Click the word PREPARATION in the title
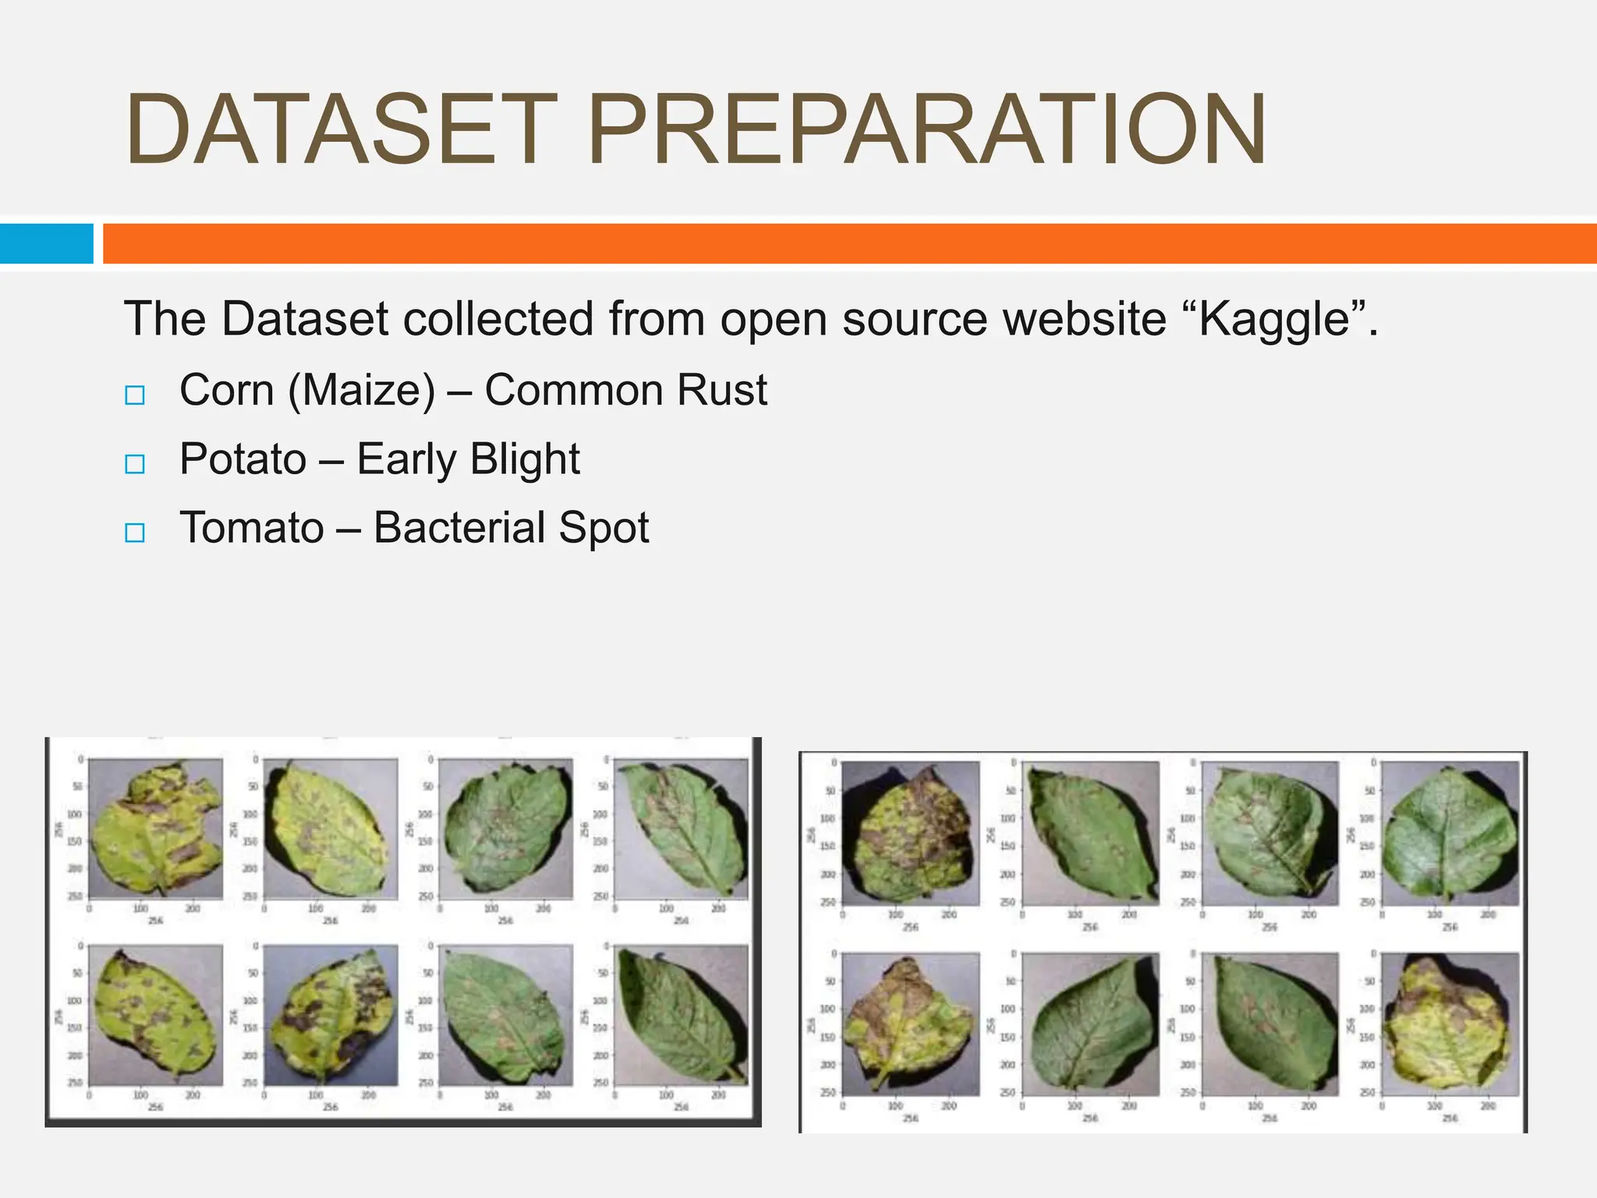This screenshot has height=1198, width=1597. pos(927,130)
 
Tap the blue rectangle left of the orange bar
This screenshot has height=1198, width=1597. pos(46,243)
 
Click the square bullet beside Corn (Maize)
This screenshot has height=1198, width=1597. pos(135,395)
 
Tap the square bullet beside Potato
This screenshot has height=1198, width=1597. pos(135,464)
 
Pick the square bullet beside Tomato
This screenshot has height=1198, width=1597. pos(135,533)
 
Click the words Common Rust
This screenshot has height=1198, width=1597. pos(625,390)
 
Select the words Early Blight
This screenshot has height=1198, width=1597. pos(468,459)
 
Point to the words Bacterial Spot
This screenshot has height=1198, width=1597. pos(511,528)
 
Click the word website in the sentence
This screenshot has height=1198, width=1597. pos(1084,319)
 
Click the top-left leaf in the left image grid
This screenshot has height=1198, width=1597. pos(155,828)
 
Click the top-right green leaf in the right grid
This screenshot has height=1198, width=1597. pos(1450,834)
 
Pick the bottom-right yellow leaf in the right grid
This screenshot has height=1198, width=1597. pos(1450,1023)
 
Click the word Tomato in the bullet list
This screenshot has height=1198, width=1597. pos(251,528)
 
